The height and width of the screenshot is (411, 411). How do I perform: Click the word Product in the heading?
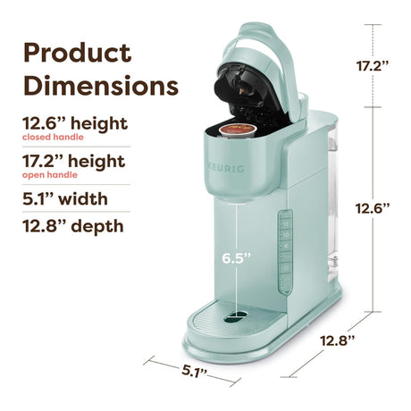[x=77, y=53]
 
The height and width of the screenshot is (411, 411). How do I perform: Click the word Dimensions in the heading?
[x=101, y=86]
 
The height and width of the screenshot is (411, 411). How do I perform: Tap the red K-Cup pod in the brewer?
[x=238, y=130]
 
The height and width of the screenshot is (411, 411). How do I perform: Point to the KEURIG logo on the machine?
[x=226, y=168]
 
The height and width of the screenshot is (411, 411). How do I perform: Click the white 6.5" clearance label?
[x=237, y=258]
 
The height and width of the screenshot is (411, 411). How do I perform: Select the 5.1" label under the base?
[x=195, y=371]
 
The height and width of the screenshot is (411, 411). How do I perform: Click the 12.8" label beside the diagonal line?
[x=338, y=340]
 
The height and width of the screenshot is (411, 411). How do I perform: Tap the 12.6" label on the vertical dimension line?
[x=373, y=208]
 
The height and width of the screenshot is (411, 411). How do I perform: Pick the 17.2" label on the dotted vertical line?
[x=373, y=66]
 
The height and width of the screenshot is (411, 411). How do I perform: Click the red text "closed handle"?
[x=53, y=137]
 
